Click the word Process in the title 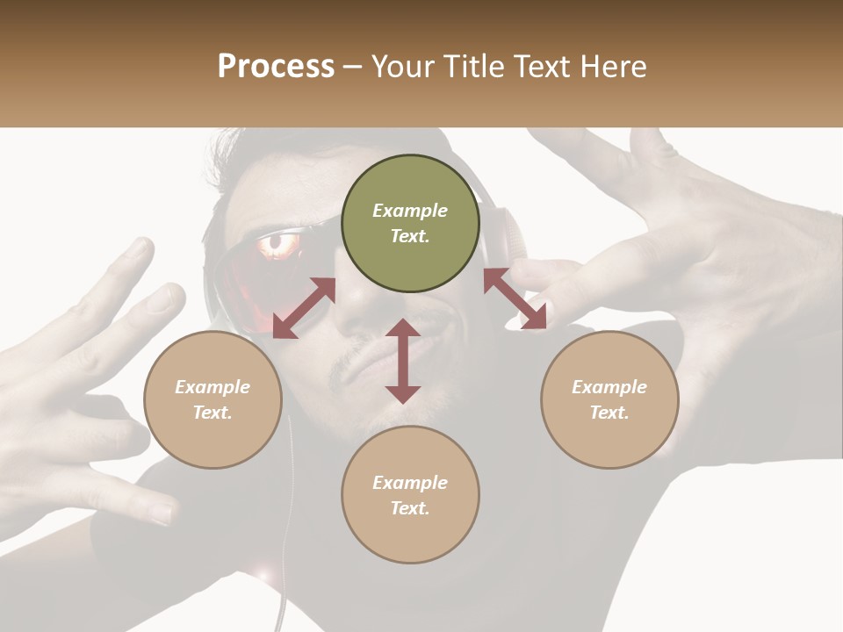(276, 67)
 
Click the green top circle (410, 223)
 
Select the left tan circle (213, 399)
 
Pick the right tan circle (609, 399)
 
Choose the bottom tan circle (410, 495)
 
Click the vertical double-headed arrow (403, 362)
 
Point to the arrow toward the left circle (304, 308)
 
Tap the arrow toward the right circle (515, 298)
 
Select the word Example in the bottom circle (410, 482)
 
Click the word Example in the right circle (609, 386)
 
